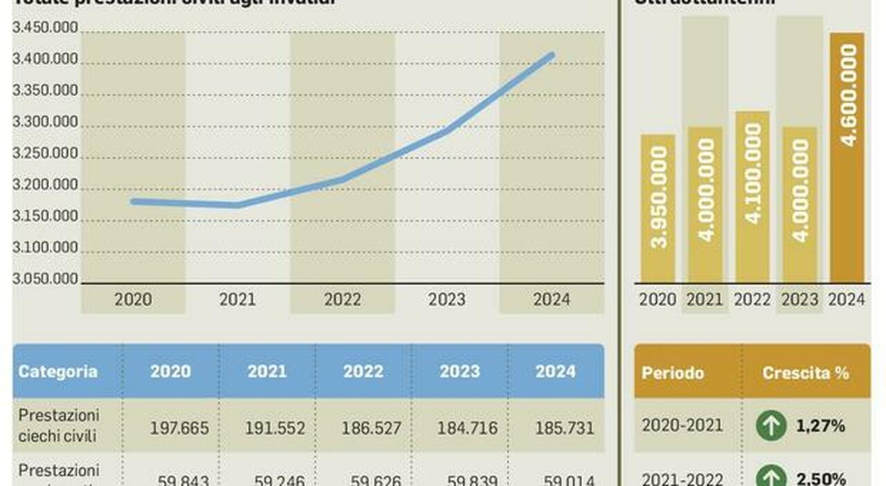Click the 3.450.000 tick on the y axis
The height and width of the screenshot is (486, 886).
click(45, 28)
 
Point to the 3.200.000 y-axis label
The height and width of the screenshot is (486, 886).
click(45, 186)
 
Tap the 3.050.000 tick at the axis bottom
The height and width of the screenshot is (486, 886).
click(45, 279)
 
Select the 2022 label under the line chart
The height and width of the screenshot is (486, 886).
click(343, 300)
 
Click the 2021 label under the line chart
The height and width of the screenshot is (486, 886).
click(237, 300)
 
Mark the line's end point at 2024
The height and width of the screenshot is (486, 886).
click(552, 55)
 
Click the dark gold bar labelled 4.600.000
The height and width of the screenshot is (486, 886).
click(847, 158)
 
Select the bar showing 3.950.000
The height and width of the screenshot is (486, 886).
click(658, 208)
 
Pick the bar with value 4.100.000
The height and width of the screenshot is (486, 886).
click(752, 197)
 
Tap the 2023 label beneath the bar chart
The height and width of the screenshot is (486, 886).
click(799, 300)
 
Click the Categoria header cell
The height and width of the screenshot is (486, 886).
click(58, 372)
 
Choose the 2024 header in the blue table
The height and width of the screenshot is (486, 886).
click(555, 372)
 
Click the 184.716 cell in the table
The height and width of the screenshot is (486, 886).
click(467, 428)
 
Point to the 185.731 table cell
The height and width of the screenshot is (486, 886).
click(564, 428)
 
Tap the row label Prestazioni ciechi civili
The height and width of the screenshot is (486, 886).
click(59, 426)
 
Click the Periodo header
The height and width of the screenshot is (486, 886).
click(673, 373)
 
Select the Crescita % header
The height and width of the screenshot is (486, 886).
click(806, 373)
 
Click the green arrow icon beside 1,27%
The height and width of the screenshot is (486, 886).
click(771, 426)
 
